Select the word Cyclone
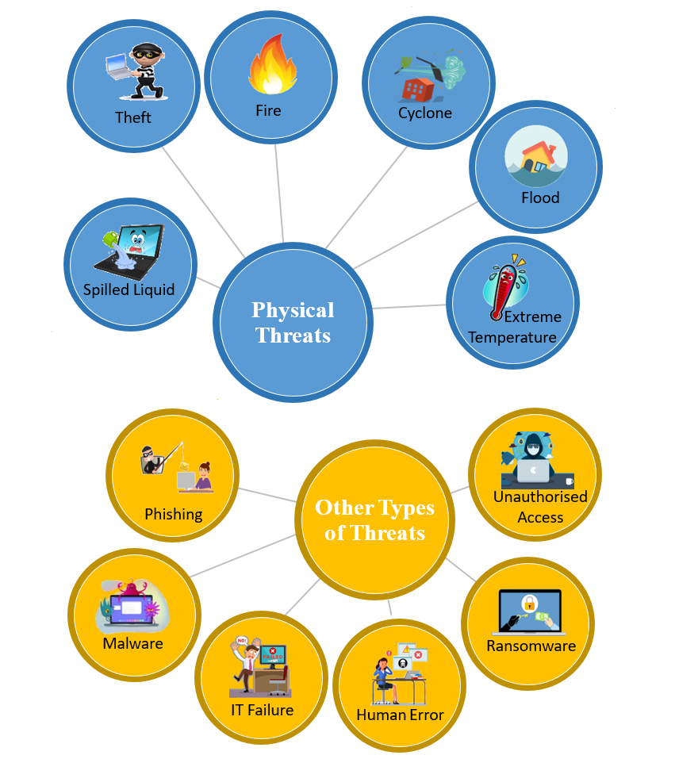[425, 113]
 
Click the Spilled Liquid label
[129, 289]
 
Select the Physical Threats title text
[293, 322]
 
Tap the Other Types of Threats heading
[374, 519]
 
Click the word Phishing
[173, 514]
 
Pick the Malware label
[132, 643]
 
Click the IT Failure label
[262, 710]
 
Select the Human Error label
[400, 715]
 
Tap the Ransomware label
[531, 646]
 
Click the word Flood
[540, 197]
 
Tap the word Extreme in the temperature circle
[532, 316]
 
